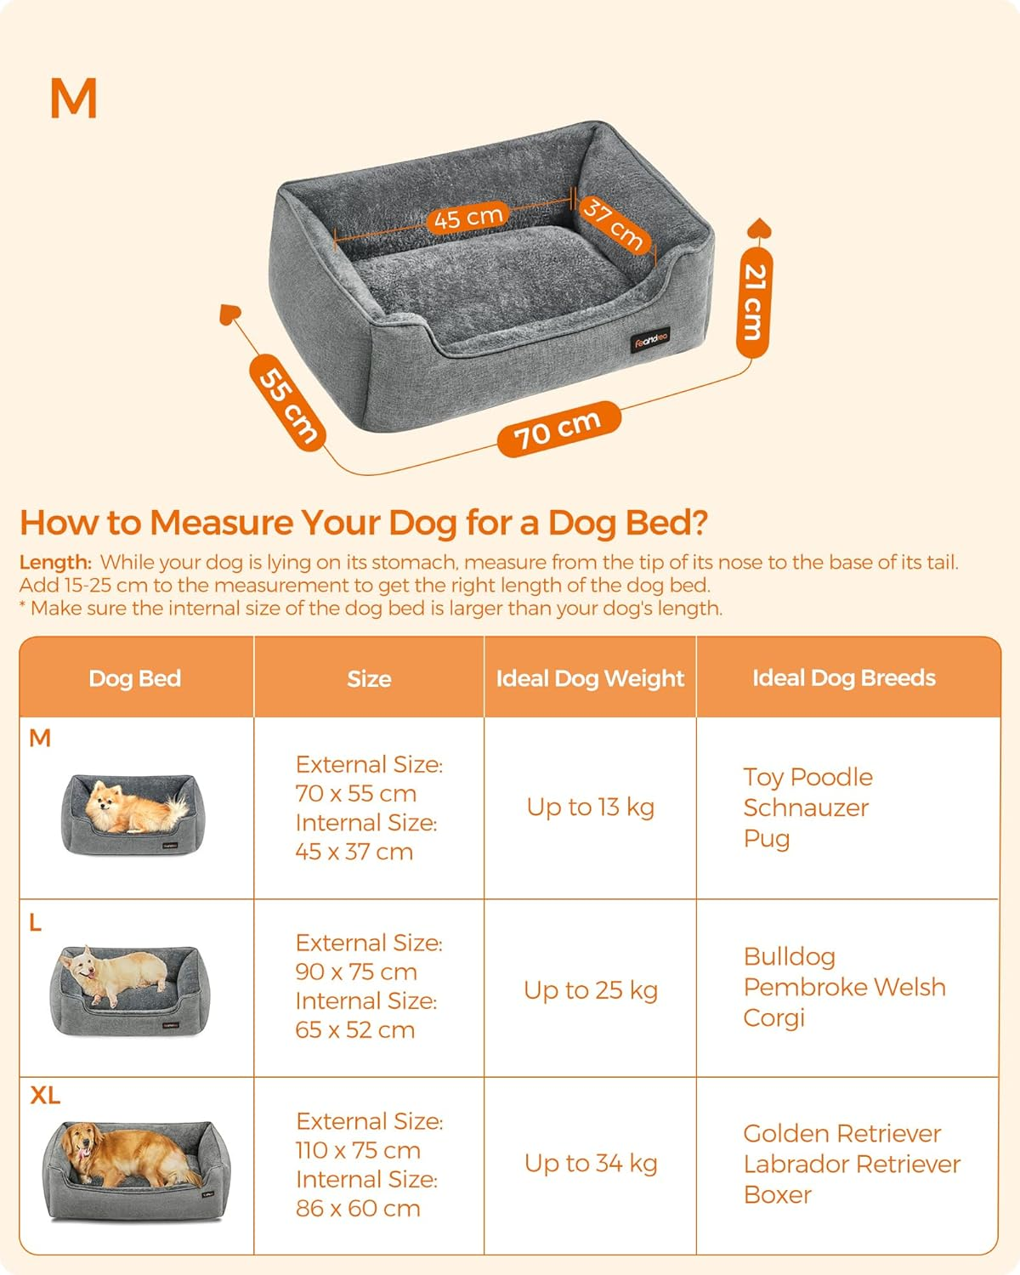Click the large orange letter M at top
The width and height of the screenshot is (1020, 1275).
click(74, 99)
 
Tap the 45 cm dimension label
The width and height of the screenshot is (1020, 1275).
click(467, 218)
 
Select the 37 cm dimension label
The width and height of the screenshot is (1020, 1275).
click(613, 224)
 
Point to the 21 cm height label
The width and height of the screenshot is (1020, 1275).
click(754, 302)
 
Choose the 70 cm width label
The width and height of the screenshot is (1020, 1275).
click(558, 428)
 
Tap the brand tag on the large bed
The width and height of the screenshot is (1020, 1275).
click(650, 340)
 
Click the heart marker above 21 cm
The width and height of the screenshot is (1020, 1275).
click(758, 229)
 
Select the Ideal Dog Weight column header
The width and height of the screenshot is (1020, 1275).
click(590, 678)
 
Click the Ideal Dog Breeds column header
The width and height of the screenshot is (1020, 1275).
click(844, 677)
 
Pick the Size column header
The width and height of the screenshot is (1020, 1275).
click(369, 678)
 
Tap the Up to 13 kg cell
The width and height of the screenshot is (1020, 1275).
click(590, 807)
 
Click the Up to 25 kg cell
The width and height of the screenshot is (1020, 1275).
click(590, 989)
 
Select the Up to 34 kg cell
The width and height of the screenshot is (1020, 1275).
click(590, 1163)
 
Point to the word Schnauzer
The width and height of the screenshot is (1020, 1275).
click(806, 807)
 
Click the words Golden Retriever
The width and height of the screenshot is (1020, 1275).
click(841, 1133)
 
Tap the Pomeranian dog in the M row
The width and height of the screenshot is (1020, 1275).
click(132, 807)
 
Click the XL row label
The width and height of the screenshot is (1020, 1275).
click(45, 1096)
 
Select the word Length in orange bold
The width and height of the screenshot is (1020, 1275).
click(54, 563)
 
